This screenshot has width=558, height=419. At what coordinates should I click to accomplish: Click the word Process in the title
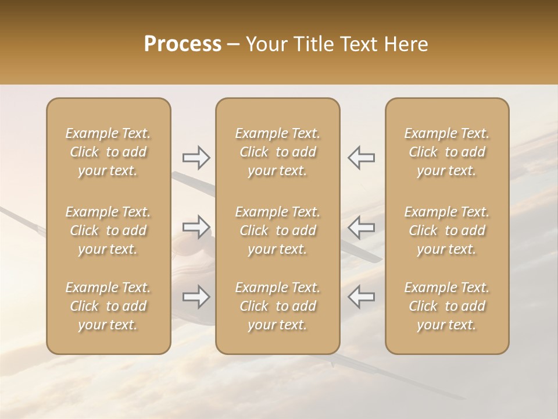(183, 44)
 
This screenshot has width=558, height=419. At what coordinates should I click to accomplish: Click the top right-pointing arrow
(196, 158)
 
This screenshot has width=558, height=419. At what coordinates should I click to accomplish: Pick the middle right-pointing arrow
(196, 227)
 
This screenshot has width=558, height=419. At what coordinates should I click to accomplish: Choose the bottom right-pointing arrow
(196, 297)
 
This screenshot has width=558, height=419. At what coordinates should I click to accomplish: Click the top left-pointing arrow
(361, 158)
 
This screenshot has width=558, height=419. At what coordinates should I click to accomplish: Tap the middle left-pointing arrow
(361, 227)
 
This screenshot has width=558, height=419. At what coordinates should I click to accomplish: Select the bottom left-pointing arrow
(361, 297)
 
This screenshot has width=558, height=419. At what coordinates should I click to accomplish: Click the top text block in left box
(108, 152)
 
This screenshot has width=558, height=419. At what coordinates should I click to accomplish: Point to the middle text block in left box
(108, 230)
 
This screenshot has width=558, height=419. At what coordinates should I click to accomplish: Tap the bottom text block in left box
(108, 306)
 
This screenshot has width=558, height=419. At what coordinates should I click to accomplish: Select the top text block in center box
(278, 152)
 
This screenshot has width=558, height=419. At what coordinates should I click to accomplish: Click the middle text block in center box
(278, 230)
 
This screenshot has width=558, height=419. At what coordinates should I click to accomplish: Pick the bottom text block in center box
(278, 306)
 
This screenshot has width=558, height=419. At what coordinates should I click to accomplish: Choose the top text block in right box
(447, 152)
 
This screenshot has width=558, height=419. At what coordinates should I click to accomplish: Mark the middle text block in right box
(447, 230)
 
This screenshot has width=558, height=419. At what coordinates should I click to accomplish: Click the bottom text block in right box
(447, 306)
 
